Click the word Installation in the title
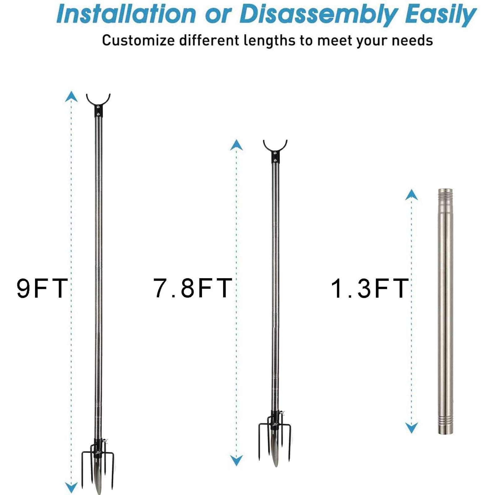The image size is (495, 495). [127, 14]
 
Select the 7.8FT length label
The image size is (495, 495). [193, 288]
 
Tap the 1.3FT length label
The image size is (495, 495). [370, 288]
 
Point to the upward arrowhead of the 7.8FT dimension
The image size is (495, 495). [236, 145]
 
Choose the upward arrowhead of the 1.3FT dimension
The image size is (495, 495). [411, 195]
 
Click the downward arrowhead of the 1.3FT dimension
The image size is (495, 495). [411, 428]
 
